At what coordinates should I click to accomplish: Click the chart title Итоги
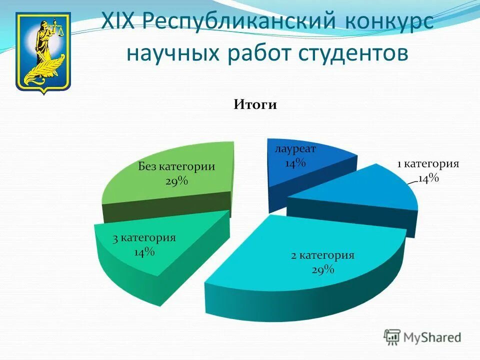254,105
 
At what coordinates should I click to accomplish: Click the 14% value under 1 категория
428,178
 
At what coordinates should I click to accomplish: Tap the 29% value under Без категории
176,181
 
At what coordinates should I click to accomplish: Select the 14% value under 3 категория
144,252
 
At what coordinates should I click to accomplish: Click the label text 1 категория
427,164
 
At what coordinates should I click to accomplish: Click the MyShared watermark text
432,337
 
